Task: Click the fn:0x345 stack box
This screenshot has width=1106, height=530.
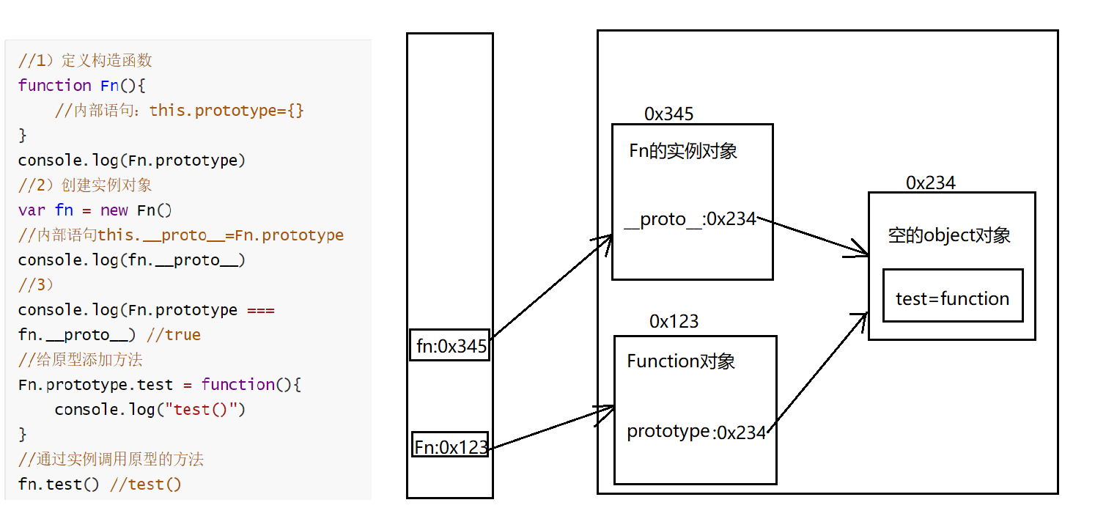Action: pos(450,345)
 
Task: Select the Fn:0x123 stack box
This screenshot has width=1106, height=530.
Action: pos(450,446)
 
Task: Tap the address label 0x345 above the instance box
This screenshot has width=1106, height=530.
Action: pos(668,114)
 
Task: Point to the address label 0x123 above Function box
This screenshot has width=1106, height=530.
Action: pos(674,321)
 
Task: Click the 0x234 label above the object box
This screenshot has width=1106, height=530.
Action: pos(930,183)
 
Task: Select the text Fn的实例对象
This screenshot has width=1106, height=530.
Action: pos(682,151)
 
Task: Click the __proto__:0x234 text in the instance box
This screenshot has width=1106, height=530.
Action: pos(690,219)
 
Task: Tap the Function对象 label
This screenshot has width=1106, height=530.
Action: pos(681,361)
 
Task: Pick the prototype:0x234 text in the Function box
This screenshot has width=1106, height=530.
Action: pos(696,433)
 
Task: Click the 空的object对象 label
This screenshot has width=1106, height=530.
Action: pos(949,235)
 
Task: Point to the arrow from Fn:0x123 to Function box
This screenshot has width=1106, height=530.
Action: pos(551,427)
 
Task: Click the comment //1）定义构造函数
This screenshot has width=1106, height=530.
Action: pos(85,60)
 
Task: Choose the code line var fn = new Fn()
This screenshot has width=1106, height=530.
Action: pos(95,210)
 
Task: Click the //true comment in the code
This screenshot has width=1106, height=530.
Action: pos(174,335)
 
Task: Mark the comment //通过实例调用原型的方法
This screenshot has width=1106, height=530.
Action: pos(111,460)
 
